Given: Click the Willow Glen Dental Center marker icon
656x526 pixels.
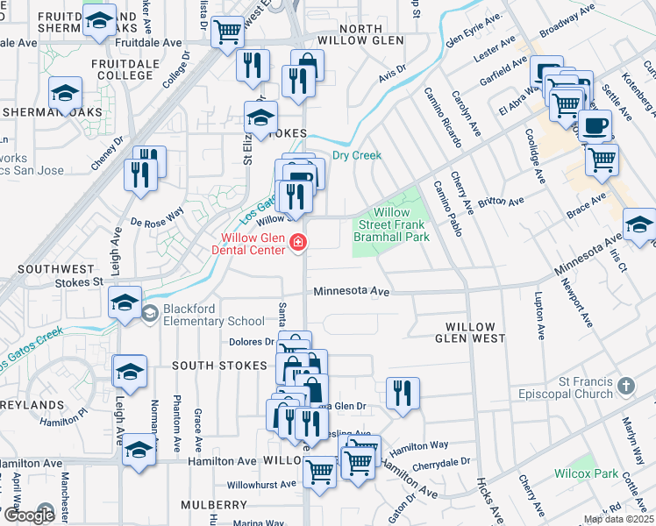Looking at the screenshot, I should click(x=298, y=242).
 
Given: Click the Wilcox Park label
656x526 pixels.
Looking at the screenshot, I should click(x=587, y=473).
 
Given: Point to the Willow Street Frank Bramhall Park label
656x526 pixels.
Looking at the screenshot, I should click(x=391, y=224).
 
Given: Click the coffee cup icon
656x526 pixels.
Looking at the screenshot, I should click(x=595, y=125).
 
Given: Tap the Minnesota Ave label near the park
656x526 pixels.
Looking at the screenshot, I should click(x=351, y=291).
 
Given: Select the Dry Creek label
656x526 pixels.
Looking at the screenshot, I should click(x=357, y=155).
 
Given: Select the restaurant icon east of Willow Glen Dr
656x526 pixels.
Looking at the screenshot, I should click(x=403, y=393).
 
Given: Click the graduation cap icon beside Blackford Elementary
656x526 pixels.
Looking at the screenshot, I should click(x=125, y=302).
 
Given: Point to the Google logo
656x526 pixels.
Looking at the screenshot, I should click(x=28, y=515).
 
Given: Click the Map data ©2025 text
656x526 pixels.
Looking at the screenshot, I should click(x=617, y=519).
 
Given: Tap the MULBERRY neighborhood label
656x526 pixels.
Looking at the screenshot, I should click(x=215, y=505).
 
